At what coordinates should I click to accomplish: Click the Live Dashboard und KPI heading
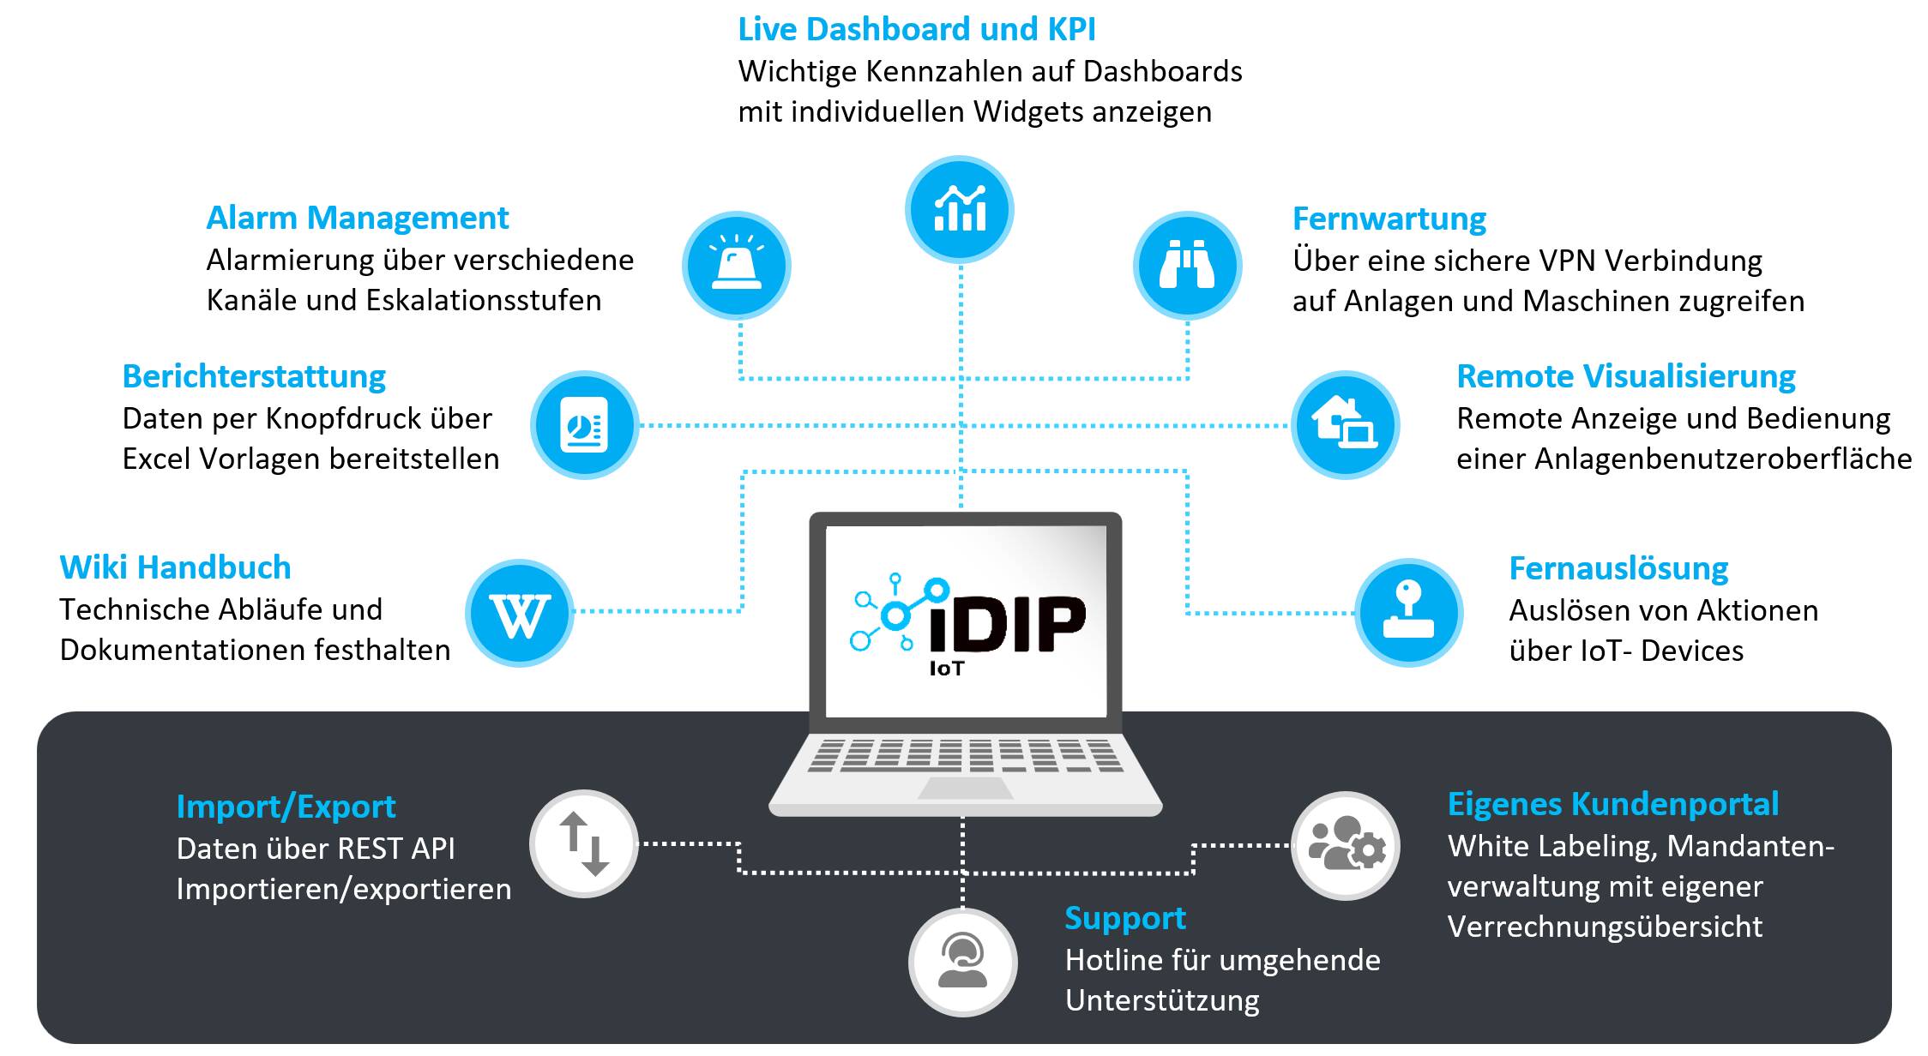click(x=917, y=29)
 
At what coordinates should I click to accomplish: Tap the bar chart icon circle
click(x=960, y=209)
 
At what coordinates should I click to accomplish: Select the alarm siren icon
click(x=737, y=265)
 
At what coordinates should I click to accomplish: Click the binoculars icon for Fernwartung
click(x=1187, y=265)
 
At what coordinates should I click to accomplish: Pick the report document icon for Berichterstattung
click(x=584, y=424)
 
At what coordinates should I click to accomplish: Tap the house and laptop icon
click(x=1345, y=424)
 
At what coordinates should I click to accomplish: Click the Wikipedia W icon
click(x=520, y=613)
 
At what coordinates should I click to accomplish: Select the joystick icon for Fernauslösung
click(x=1408, y=613)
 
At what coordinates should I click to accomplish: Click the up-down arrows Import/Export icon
click(x=584, y=844)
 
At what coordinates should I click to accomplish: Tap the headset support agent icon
click(x=962, y=963)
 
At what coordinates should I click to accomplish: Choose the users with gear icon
click(x=1345, y=846)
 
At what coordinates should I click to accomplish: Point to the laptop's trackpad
click(x=966, y=789)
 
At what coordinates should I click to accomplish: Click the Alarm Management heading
click(x=358, y=219)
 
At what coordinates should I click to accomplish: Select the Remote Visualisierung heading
click(x=1626, y=376)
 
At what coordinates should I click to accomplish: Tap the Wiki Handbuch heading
click(x=175, y=567)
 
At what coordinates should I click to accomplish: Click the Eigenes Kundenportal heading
click(x=1613, y=805)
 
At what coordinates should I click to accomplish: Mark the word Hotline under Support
click(x=1114, y=961)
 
